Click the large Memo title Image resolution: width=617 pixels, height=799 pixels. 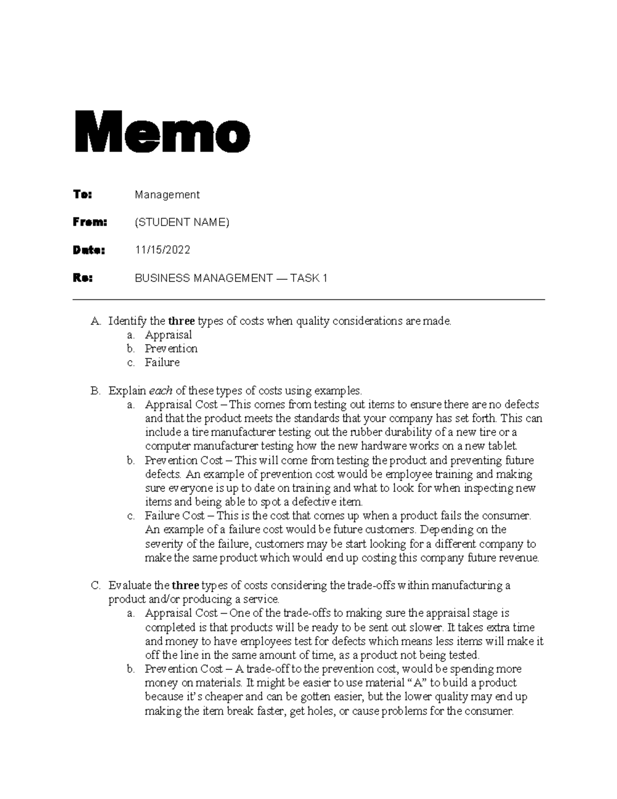(162, 131)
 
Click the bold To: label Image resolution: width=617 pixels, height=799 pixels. (83, 194)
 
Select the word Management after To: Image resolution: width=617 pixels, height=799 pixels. (167, 195)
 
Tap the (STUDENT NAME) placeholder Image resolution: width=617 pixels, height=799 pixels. (182, 222)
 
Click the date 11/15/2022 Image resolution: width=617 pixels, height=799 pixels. (162, 250)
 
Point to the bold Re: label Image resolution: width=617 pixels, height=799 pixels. (83, 278)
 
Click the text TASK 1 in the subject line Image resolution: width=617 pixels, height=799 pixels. (308, 278)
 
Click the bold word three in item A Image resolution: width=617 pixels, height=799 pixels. (181, 321)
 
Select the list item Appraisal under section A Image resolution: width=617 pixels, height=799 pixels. (168, 335)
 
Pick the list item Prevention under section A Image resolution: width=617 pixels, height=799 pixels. (171, 349)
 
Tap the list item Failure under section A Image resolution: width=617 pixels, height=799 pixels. (162, 363)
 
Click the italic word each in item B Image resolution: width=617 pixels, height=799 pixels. (160, 390)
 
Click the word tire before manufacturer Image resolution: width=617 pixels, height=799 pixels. (199, 432)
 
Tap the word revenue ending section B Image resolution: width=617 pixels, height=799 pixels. (520, 558)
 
